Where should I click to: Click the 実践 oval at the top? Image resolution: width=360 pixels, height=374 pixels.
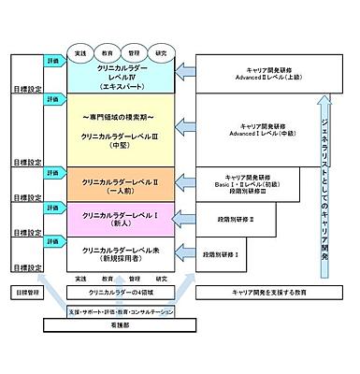tap(80, 53)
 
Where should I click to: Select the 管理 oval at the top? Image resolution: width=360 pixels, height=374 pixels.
tap(135, 53)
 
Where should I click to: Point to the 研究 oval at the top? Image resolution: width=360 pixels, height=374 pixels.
tap(162, 53)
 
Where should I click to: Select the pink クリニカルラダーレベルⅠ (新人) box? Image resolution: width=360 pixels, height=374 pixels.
tap(120, 219)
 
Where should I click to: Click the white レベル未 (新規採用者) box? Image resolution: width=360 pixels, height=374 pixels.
tap(120, 254)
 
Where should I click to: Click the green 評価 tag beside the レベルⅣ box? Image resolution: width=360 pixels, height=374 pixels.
tap(52, 60)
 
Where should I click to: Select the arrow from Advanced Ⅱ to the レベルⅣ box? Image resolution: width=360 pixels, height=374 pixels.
tap(189, 74)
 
